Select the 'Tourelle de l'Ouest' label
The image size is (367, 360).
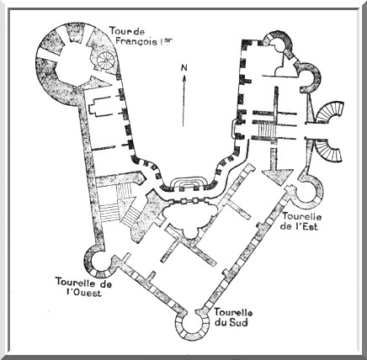[83, 287]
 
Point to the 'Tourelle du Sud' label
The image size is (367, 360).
[233, 317]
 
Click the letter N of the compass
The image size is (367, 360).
[183, 67]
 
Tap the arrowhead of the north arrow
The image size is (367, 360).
[183, 79]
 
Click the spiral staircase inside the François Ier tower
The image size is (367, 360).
[106, 60]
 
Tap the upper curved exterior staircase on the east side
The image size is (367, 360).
[331, 112]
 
